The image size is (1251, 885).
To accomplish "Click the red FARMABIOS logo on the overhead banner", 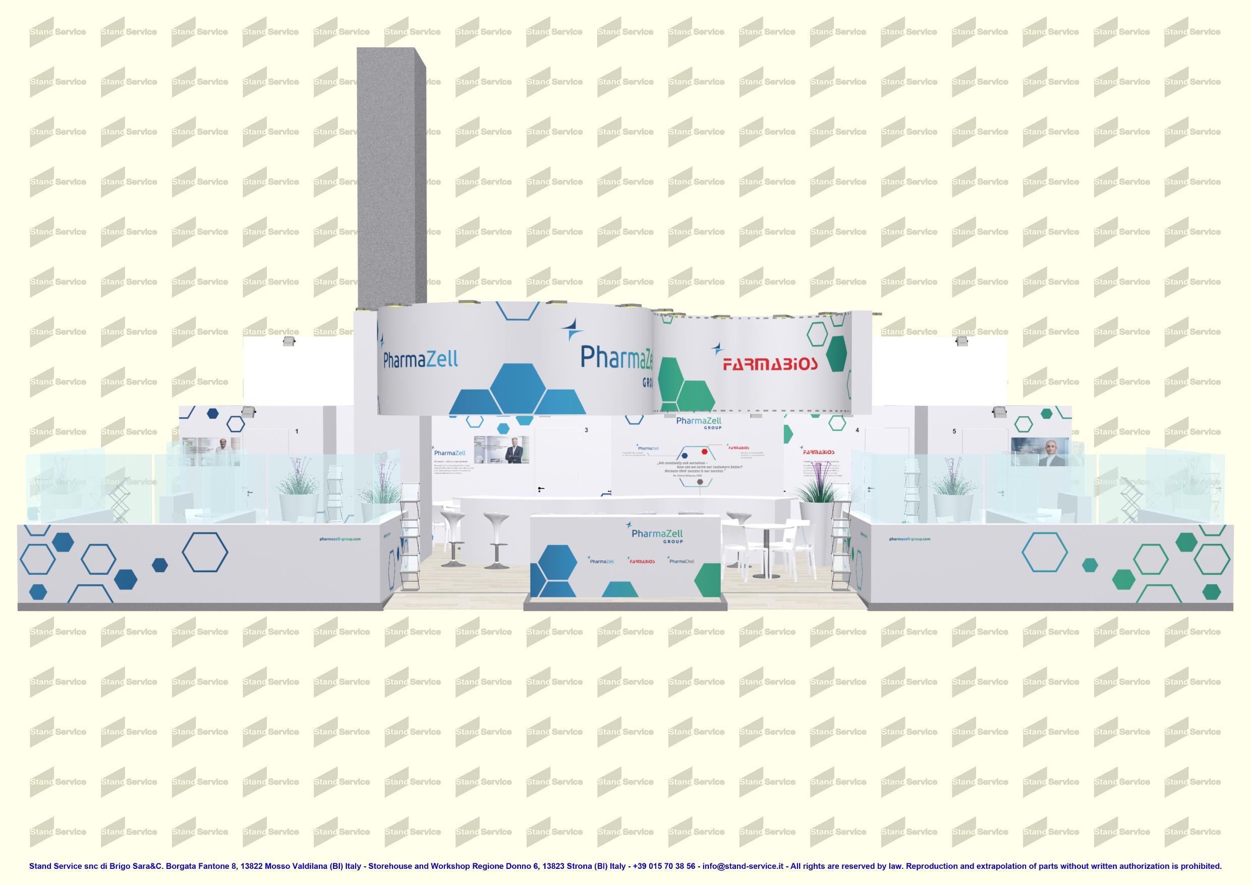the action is pyautogui.click(x=770, y=363).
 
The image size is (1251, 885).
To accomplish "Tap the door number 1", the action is pyautogui.click(x=297, y=431).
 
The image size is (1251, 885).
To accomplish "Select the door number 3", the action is pyautogui.click(x=586, y=430).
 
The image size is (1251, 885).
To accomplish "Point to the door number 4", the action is pyautogui.click(x=857, y=430).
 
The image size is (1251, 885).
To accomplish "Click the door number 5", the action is pyautogui.click(x=954, y=431).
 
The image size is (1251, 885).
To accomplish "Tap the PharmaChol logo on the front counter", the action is pyautogui.click(x=681, y=561).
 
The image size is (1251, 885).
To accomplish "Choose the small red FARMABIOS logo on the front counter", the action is pyautogui.click(x=641, y=561).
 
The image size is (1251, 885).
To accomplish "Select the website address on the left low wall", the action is pyautogui.click(x=340, y=539).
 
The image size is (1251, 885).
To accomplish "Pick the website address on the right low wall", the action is pyautogui.click(x=909, y=539).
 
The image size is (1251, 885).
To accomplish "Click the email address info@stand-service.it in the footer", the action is pyautogui.click(x=743, y=866).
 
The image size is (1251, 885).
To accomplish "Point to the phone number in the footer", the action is pyautogui.click(x=664, y=866).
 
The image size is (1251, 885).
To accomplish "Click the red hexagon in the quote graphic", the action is pyautogui.click(x=705, y=451).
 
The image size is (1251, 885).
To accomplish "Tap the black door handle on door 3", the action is pyautogui.click(x=540, y=489).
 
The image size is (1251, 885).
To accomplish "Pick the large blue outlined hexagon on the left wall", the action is pyautogui.click(x=205, y=551).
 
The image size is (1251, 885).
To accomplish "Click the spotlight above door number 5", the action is pyautogui.click(x=999, y=412).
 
